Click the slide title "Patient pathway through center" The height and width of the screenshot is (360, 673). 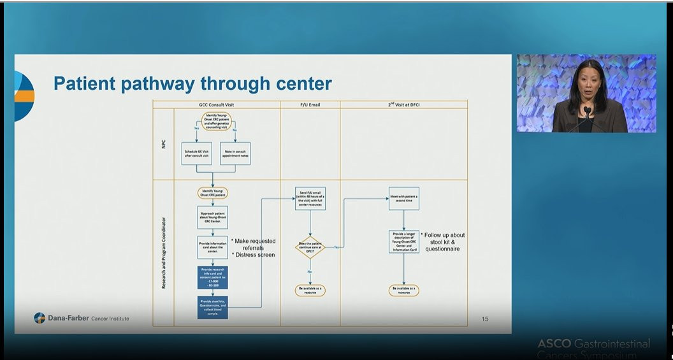[192, 83]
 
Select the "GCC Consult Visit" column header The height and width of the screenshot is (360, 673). [216, 104]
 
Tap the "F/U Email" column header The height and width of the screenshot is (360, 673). [310, 104]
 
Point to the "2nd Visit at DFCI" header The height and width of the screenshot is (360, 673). [403, 104]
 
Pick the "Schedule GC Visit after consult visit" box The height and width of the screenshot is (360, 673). [196, 154]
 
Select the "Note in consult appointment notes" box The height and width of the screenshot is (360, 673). [235, 154]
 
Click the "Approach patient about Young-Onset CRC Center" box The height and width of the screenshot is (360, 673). [212, 217]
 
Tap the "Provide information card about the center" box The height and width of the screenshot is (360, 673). [212, 247]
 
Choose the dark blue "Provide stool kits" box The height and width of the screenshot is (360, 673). [212, 307]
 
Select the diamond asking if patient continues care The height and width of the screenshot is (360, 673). [310, 247]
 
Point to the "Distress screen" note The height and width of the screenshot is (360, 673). [253, 255]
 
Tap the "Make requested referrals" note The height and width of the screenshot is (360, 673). [254, 245]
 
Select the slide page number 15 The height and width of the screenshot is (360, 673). [485, 319]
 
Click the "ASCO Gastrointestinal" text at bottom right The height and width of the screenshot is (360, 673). [593, 344]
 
